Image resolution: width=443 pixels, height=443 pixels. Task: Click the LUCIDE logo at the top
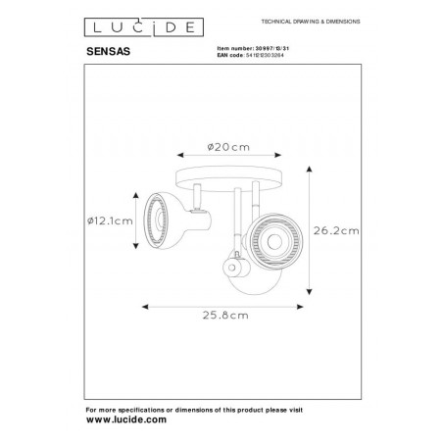(139, 23)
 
